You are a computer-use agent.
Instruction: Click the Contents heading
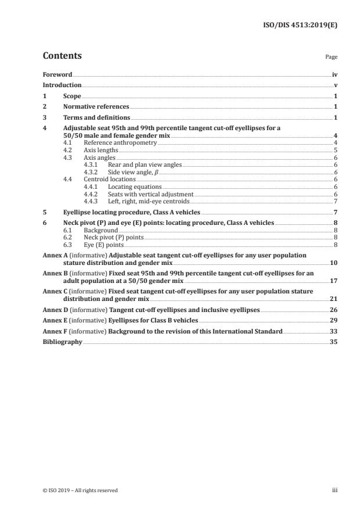[62, 56]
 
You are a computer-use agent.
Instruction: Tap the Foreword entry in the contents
[57, 75]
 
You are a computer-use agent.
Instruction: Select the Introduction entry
[62, 85]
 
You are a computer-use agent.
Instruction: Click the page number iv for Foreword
[334, 75]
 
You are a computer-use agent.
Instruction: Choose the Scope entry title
[72, 96]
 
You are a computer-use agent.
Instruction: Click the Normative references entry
[96, 106]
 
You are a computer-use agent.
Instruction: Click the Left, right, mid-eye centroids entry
[149, 201]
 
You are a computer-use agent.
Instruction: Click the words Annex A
[56, 255]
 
